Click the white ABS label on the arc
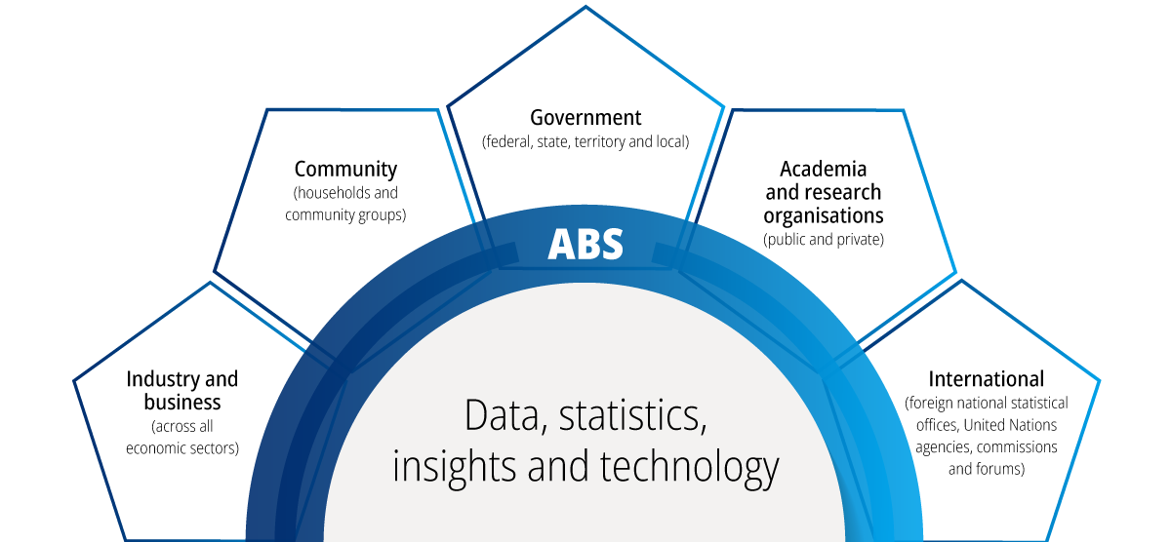click(585, 244)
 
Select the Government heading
click(585, 118)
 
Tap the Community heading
click(345, 170)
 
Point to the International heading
click(986, 378)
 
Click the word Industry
click(160, 379)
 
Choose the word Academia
click(823, 170)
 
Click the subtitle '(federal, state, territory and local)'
click(585, 142)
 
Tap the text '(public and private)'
click(823, 239)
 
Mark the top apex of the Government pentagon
click(585, 8)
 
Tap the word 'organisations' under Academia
click(823, 215)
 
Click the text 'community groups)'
click(345, 215)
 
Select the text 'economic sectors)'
click(182, 448)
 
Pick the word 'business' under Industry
click(182, 403)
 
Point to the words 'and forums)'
click(986, 470)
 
